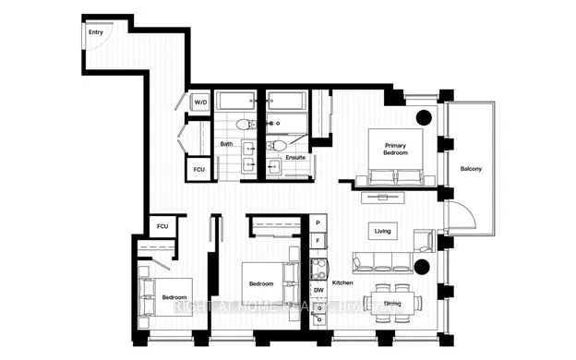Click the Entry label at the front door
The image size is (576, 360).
pos(95,32)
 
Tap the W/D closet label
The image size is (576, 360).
pos(200,102)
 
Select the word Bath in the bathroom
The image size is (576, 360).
pos(226,144)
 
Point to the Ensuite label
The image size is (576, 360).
pos(295,158)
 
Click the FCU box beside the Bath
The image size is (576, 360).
pos(199,171)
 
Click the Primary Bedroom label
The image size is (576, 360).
pos(396,149)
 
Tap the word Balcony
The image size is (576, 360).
pos(472,169)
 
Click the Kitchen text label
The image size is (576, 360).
pos(343,282)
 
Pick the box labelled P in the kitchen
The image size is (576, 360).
pos(318,224)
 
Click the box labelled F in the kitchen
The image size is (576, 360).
pos(318,243)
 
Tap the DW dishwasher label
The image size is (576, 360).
pos(318,291)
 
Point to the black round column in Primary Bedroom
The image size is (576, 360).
pos(424,118)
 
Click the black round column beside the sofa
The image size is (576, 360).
pos(423,268)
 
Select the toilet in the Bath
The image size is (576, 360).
pos(244,125)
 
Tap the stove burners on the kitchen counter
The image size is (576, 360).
pos(318,269)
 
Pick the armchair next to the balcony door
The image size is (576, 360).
pos(424,241)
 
